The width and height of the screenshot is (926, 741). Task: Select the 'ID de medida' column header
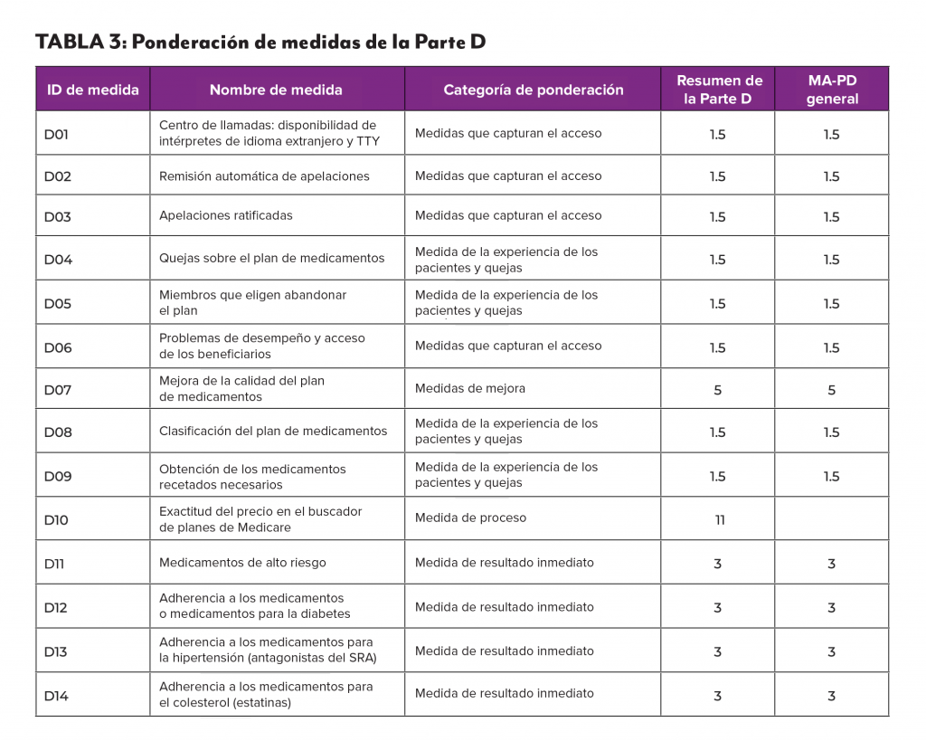click(92, 90)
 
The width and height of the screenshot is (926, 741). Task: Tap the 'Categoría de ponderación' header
click(533, 90)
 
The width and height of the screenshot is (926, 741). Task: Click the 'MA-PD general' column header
click(831, 90)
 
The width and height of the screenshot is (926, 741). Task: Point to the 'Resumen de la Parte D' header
click(718, 90)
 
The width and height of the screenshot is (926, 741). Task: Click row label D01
click(57, 135)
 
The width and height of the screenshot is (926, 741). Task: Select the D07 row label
click(57, 390)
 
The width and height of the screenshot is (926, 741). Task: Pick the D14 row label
click(56, 696)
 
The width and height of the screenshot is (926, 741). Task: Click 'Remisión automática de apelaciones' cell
click(264, 176)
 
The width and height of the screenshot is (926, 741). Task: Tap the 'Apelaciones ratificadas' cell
click(226, 215)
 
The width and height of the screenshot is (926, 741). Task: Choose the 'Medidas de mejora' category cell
click(469, 388)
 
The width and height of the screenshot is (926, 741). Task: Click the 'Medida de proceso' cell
click(470, 518)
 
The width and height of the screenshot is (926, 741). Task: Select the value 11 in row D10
click(718, 520)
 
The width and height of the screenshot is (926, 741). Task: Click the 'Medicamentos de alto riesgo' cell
click(242, 563)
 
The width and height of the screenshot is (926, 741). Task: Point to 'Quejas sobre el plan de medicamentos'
click(271, 258)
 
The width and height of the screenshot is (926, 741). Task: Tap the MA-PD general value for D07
click(831, 391)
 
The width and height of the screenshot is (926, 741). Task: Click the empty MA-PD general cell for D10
click(831, 518)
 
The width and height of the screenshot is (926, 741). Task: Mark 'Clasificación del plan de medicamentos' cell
click(273, 431)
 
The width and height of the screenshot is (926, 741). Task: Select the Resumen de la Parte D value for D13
click(718, 652)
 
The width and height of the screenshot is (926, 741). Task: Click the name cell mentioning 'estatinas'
click(266, 694)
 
